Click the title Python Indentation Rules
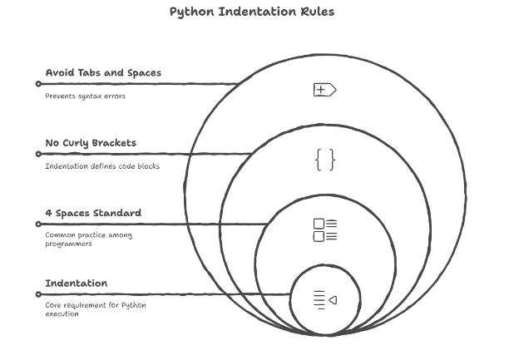[x=251, y=12]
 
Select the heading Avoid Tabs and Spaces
[x=103, y=72]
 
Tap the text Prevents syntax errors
[x=85, y=96]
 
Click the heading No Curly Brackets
[x=91, y=143]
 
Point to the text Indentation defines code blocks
[x=101, y=166]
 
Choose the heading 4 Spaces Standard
[x=93, y=213]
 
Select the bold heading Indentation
[x=76, y=283]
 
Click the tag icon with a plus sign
[x=324, y=89]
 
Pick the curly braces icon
[x=325, y=159]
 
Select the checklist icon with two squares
[x=325, y=230]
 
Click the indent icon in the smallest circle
[x=325, y=299]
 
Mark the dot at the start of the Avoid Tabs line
[x=38, y=84]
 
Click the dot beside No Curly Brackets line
[x=38, y=154]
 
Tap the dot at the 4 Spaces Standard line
[x=38, y=224]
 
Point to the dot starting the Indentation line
[x=38, y=294]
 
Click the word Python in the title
[x=190, y=12]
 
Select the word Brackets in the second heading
[x=114, y=143]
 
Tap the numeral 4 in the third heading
[x=48, y=213]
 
